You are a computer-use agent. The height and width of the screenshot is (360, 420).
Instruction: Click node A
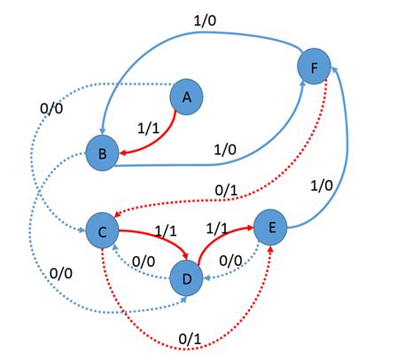pyautogui.click(x=186, y=97)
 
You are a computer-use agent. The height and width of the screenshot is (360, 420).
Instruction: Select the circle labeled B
pyautogui.click(x=103, y=153)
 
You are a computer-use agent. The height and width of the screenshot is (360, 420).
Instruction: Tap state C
pyautogui.click(x=102, y=231)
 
